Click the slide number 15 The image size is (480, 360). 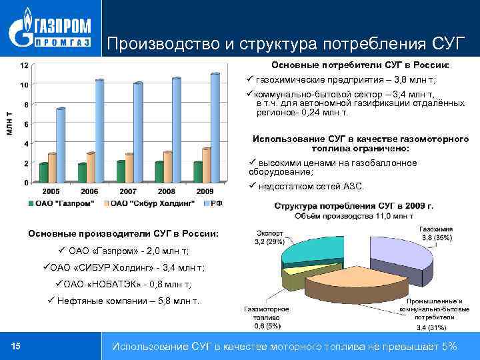[x=17, y=345]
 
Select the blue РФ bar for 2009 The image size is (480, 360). [x=215, y=127]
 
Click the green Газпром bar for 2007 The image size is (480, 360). [x=121, y=172]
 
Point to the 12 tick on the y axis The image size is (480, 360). [x=24, y=65]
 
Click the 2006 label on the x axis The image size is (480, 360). [x=91, y=191]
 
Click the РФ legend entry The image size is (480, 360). [x=212, y=202]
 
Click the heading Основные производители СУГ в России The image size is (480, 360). [x=123, y=234]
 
